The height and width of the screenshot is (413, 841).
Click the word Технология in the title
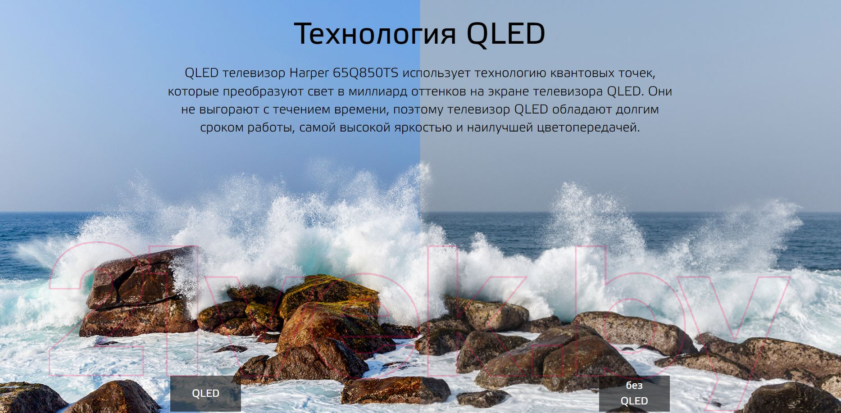point(375,34)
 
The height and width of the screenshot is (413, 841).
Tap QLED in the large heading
point(506,34)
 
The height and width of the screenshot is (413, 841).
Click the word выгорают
point(229,110)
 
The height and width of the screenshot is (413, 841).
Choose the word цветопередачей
point(588,128)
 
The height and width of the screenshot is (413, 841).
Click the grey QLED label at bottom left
point(205,393)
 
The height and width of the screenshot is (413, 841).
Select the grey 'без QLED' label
point(634,393)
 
